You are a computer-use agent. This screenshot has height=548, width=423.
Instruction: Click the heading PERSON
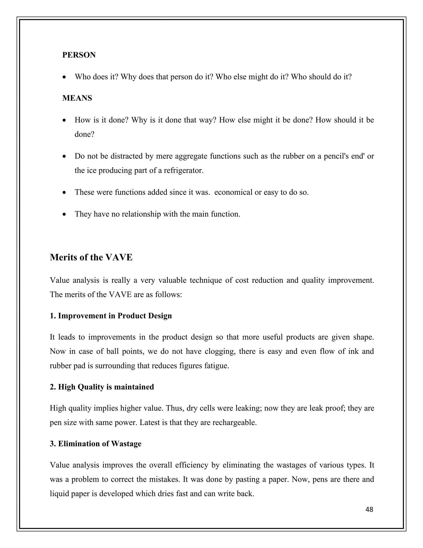pyautogui.click(x=79, y=55)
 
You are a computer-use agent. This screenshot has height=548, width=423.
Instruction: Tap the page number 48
pyautogui.click(x=369, y=510)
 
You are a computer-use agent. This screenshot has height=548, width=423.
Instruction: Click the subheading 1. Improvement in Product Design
pyautogui.click(x=111, y=316)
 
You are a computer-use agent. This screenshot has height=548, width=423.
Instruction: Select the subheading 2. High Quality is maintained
pyautogui.click(x=102, y=387)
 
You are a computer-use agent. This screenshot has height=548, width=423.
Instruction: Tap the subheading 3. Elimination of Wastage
pyautogui.click(x=95, y=444)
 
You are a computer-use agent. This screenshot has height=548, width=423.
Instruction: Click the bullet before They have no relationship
pyautogui.click(x=64, y=214)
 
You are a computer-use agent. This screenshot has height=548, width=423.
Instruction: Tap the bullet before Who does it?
pyautogui.click(x=64, y=77)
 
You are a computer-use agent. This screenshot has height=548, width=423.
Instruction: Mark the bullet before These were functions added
pyautogui.click(x=64, y=193)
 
